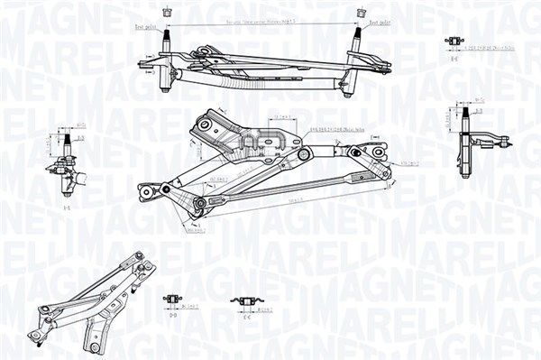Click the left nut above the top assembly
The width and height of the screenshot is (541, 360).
pos(165,12)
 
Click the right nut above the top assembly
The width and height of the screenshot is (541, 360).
pos(362,13)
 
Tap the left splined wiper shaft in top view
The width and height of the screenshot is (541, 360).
pos(165,40)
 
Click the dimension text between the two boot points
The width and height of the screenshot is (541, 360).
pos(262,18)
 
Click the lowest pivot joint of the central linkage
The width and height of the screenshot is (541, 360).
pos(199,207)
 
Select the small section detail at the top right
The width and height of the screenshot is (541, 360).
pos(455,42)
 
